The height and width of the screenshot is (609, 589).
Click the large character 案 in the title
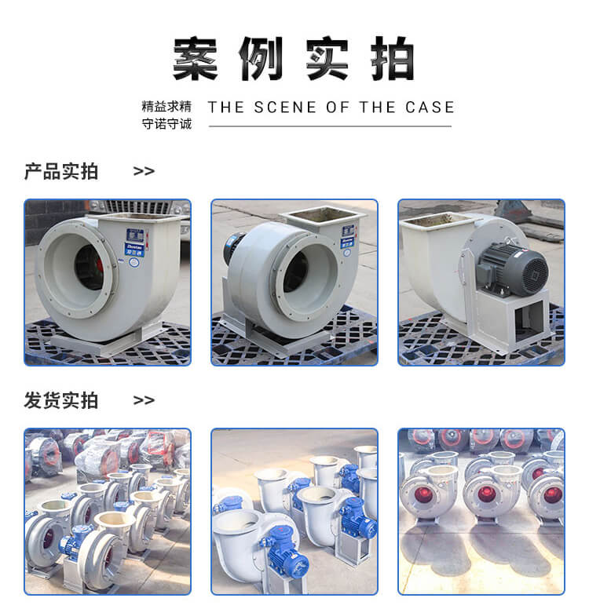(195, 59)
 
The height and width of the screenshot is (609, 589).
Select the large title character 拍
(392, 59)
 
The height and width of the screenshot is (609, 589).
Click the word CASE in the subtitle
(430, 108)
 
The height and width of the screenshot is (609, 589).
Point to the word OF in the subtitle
(338, 108)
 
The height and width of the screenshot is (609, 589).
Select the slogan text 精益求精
(166, 106)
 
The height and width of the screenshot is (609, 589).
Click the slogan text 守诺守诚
(166, 124)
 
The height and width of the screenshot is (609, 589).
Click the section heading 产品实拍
(61, 171)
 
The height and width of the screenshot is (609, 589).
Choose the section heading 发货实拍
(61, 400)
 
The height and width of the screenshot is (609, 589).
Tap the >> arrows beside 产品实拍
(144, 171)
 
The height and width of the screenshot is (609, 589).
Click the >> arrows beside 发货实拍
(144, 400)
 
